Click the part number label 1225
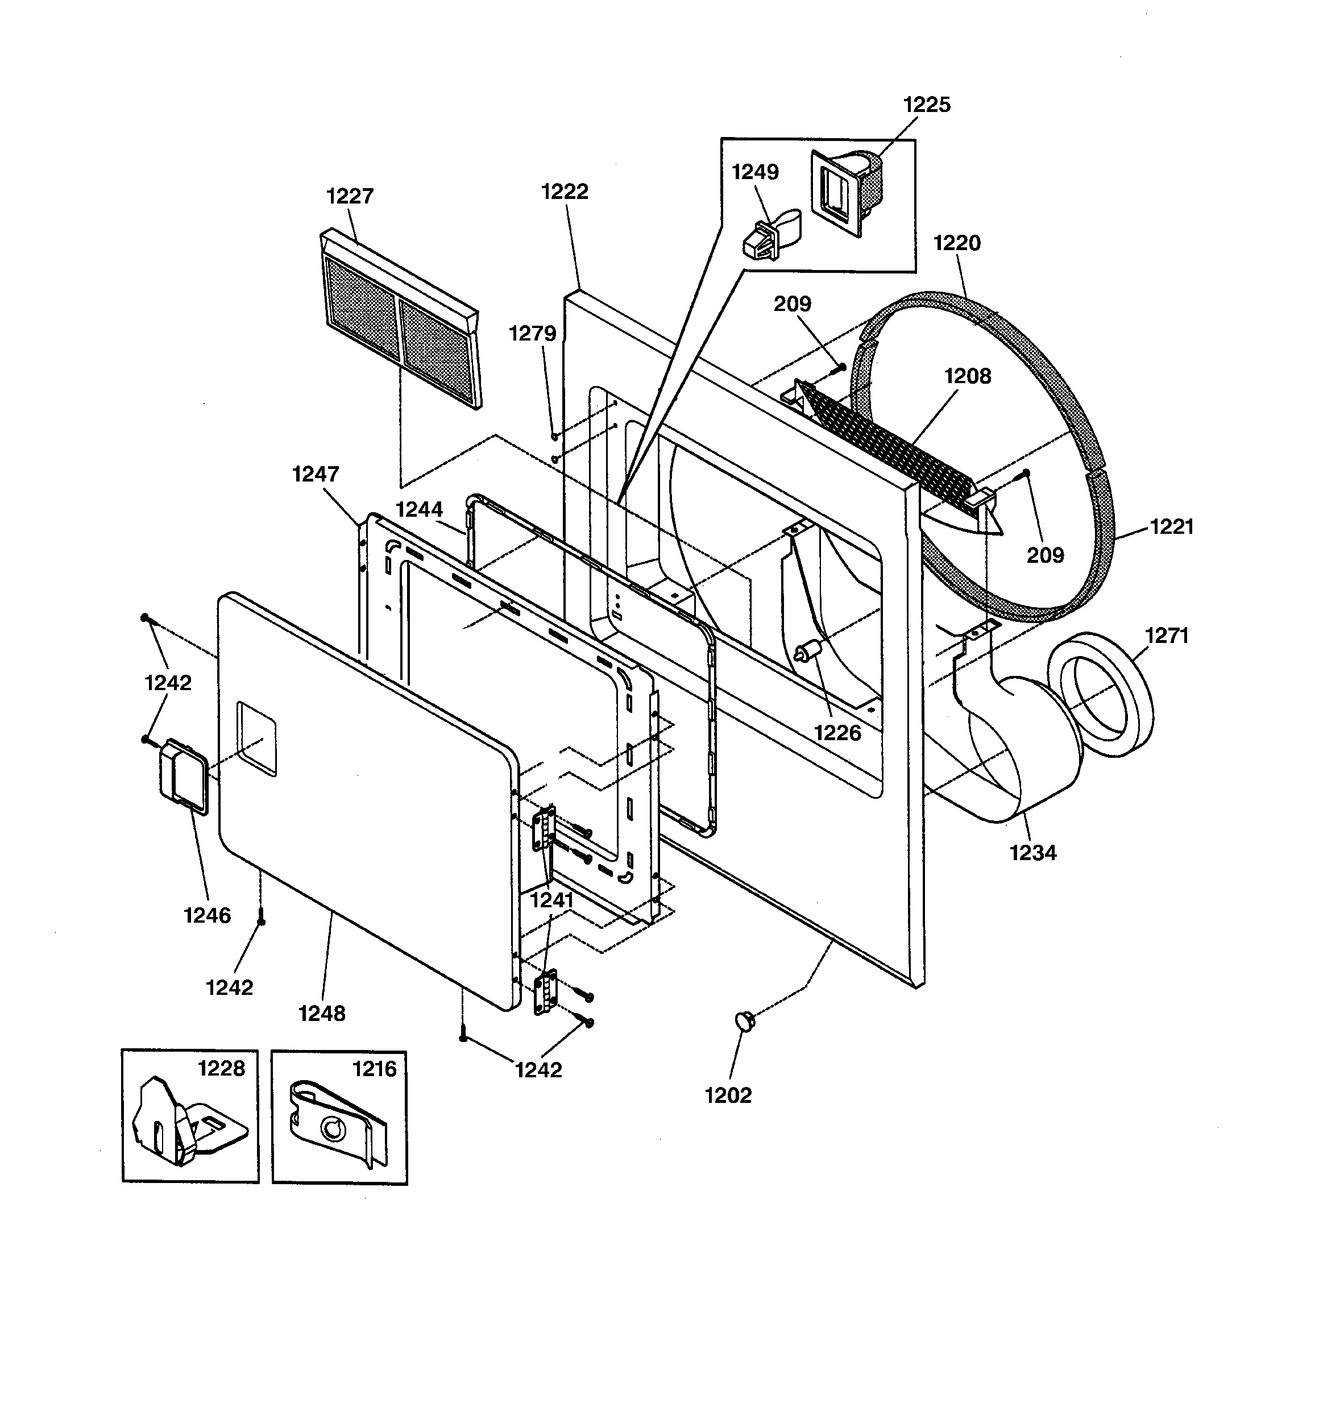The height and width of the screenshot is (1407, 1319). (926, 105)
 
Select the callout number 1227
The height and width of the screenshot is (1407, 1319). (350, 196)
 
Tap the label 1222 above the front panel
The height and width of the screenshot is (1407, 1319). (565, 191)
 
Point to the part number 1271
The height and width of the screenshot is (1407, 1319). (1166, 636)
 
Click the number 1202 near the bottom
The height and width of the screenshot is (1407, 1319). (728, 1095)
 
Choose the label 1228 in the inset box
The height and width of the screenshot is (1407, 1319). (221, 1068)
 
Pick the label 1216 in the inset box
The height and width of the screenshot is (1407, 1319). (375, 1068)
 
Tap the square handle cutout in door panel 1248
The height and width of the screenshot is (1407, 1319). (257, 739)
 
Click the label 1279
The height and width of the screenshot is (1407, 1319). (532, 333)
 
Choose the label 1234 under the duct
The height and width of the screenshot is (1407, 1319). (1033, 853)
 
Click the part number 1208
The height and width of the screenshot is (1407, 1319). (968, 376)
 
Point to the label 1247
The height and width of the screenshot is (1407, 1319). (316, 474)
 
